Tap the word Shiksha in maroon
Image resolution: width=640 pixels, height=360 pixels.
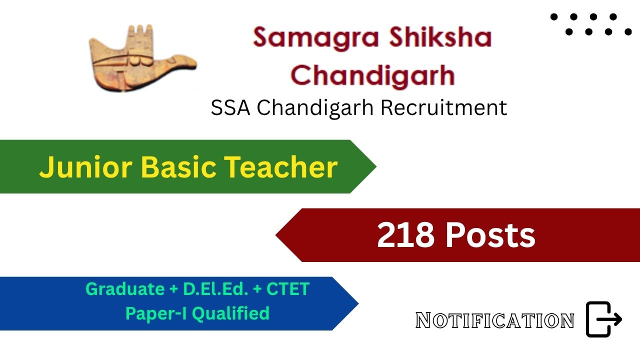[x=440, y=37]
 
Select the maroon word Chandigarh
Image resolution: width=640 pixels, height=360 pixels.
[x=372, y=75]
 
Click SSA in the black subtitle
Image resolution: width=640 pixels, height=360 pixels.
[x=230, y=107]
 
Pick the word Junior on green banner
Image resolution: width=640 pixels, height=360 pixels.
[x=86, y=167]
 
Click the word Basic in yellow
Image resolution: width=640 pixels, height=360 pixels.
[x=178, y=167]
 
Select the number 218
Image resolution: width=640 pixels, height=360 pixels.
[x=405, y=235]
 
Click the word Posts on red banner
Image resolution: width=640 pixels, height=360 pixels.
[x=490, y=235]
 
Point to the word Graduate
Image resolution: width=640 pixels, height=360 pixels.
[x=125, y=289]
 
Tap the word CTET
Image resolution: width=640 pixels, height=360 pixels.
[x=288, y=289]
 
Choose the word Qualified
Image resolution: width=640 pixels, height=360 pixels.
[x=231, y=313]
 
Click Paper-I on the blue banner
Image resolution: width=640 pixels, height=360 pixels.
[x=156, y=313]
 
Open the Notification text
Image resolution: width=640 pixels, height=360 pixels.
[x=495, y=320]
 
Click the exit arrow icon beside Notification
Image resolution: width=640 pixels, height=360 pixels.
[x=603, y=319]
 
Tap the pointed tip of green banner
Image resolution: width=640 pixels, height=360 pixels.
[x=376, y=166]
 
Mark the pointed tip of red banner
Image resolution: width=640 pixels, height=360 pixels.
[x=276, y=235]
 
